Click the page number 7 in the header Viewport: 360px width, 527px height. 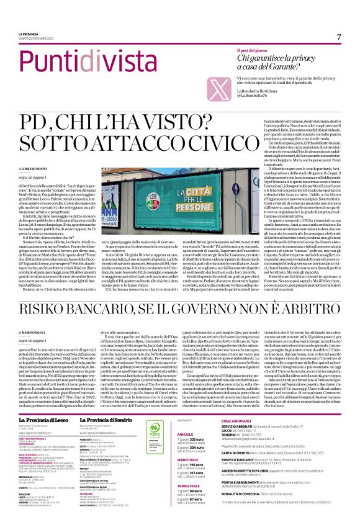(x=340, y=36)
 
